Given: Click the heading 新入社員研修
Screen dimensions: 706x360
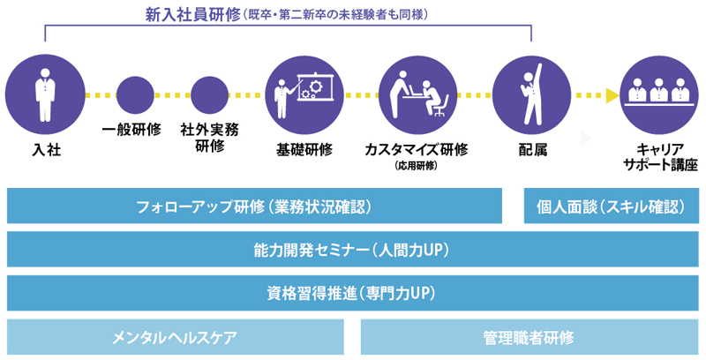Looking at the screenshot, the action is tap(192, 15).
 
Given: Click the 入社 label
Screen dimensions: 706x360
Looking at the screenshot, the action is tap(47, 150).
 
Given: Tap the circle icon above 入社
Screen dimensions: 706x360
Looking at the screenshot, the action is tap(45, 94).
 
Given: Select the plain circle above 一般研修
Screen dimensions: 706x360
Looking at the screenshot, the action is tap(135, 95).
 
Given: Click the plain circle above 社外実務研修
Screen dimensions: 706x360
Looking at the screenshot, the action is tap(209, 95).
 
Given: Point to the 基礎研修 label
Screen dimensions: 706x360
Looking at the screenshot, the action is tap(304, 150).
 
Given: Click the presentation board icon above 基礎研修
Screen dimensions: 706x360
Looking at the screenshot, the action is tap(305, 95).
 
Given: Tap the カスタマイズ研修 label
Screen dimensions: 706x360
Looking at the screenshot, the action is tap(416, 149).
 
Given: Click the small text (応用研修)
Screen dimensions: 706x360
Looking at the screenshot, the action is tap(416, 166).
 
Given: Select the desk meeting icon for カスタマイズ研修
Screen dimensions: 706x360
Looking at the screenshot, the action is tap(417, 95).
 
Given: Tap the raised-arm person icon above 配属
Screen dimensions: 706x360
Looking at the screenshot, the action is tap(532, 95).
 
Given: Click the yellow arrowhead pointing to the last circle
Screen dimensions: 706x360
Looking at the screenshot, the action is tap(612, 95).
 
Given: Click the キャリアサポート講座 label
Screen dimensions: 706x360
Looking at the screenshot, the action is tap(660, 157).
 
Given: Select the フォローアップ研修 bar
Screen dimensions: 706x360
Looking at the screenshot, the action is tap(254, 206).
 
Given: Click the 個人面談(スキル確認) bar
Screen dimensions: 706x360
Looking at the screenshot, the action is tap(612, 206).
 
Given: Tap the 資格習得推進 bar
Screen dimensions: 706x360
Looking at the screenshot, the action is tap(352, 294).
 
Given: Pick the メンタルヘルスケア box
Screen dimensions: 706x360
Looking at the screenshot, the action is tap(175, 337).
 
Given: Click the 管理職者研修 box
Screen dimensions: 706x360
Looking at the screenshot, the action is tap(529, 337).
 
